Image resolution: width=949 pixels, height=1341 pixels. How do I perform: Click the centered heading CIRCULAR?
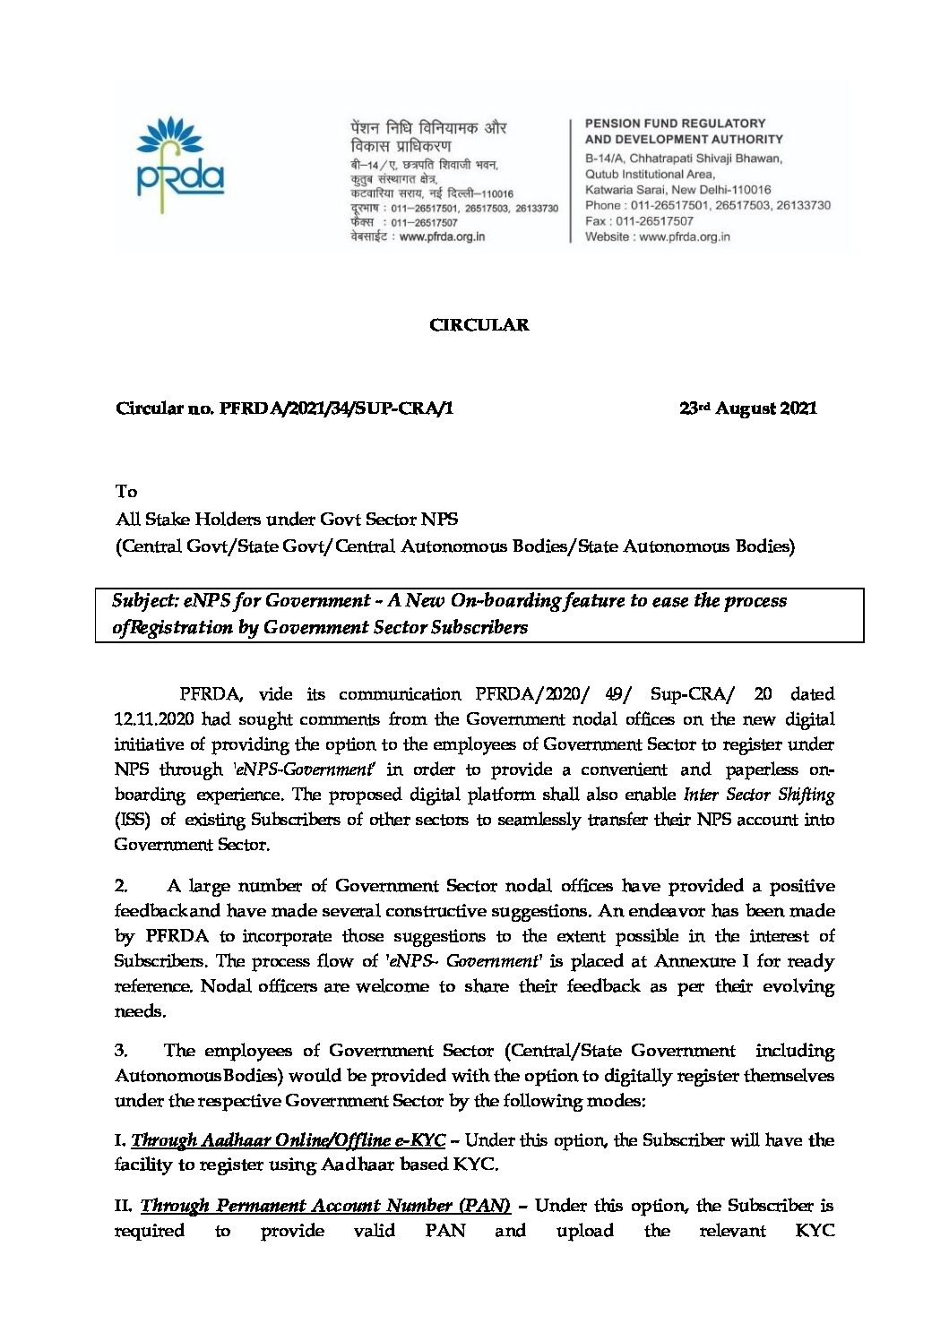pyautogui.click(x=479, y=325)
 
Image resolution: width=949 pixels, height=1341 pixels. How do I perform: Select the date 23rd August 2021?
pyautogui.click(x=747, y=408)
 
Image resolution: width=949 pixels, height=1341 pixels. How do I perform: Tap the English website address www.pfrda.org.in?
pyautogui.click(x=685, y=237)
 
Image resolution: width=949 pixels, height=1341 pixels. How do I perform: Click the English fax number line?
pyautogui.click(x=639, y=221)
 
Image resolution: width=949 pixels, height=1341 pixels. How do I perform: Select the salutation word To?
pyautogui.click(x=126, y=492)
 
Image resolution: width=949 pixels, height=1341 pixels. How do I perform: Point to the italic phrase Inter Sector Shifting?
pyautogui.click(x=758, y=795)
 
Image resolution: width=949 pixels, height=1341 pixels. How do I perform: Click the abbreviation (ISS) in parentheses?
pyautogui.click(x=133, y=820)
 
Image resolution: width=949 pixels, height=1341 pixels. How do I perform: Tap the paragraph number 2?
pyautogui.click(x=121, y=886)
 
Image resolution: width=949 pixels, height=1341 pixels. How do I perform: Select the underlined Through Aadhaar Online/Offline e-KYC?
pyautogui.click(x=288, y=1140)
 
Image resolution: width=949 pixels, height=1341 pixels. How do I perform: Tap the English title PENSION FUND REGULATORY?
pyautogui.click(x=675, y=124)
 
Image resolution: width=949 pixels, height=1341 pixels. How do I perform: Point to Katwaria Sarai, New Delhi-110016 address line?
pyautogui.click(x=677, y=190)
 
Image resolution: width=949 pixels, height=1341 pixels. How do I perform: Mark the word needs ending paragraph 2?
pyautogui.click(x=140, y=1011)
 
